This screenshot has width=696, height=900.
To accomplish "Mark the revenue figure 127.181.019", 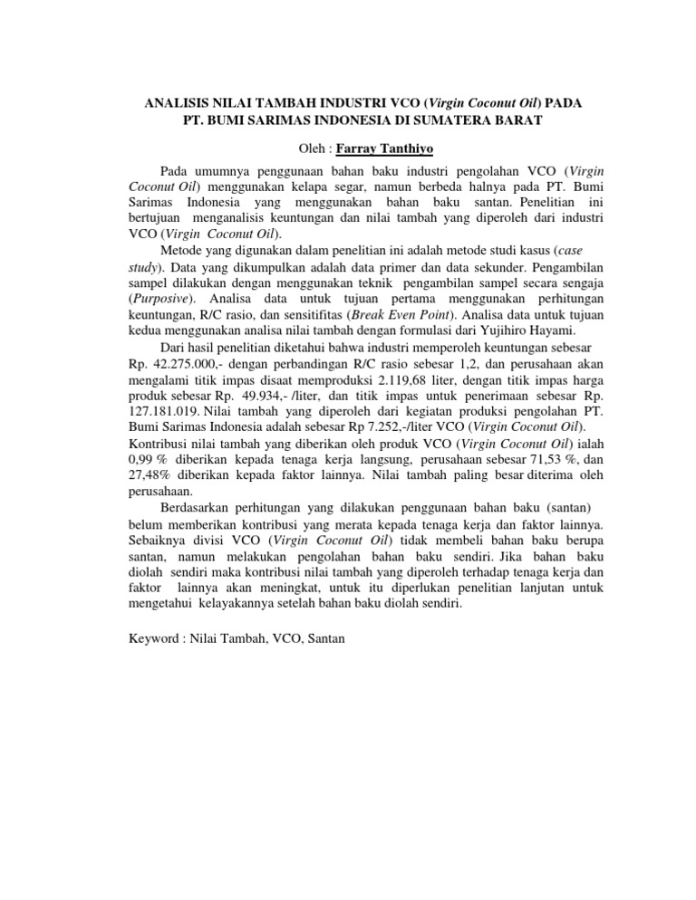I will pos(156,414).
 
